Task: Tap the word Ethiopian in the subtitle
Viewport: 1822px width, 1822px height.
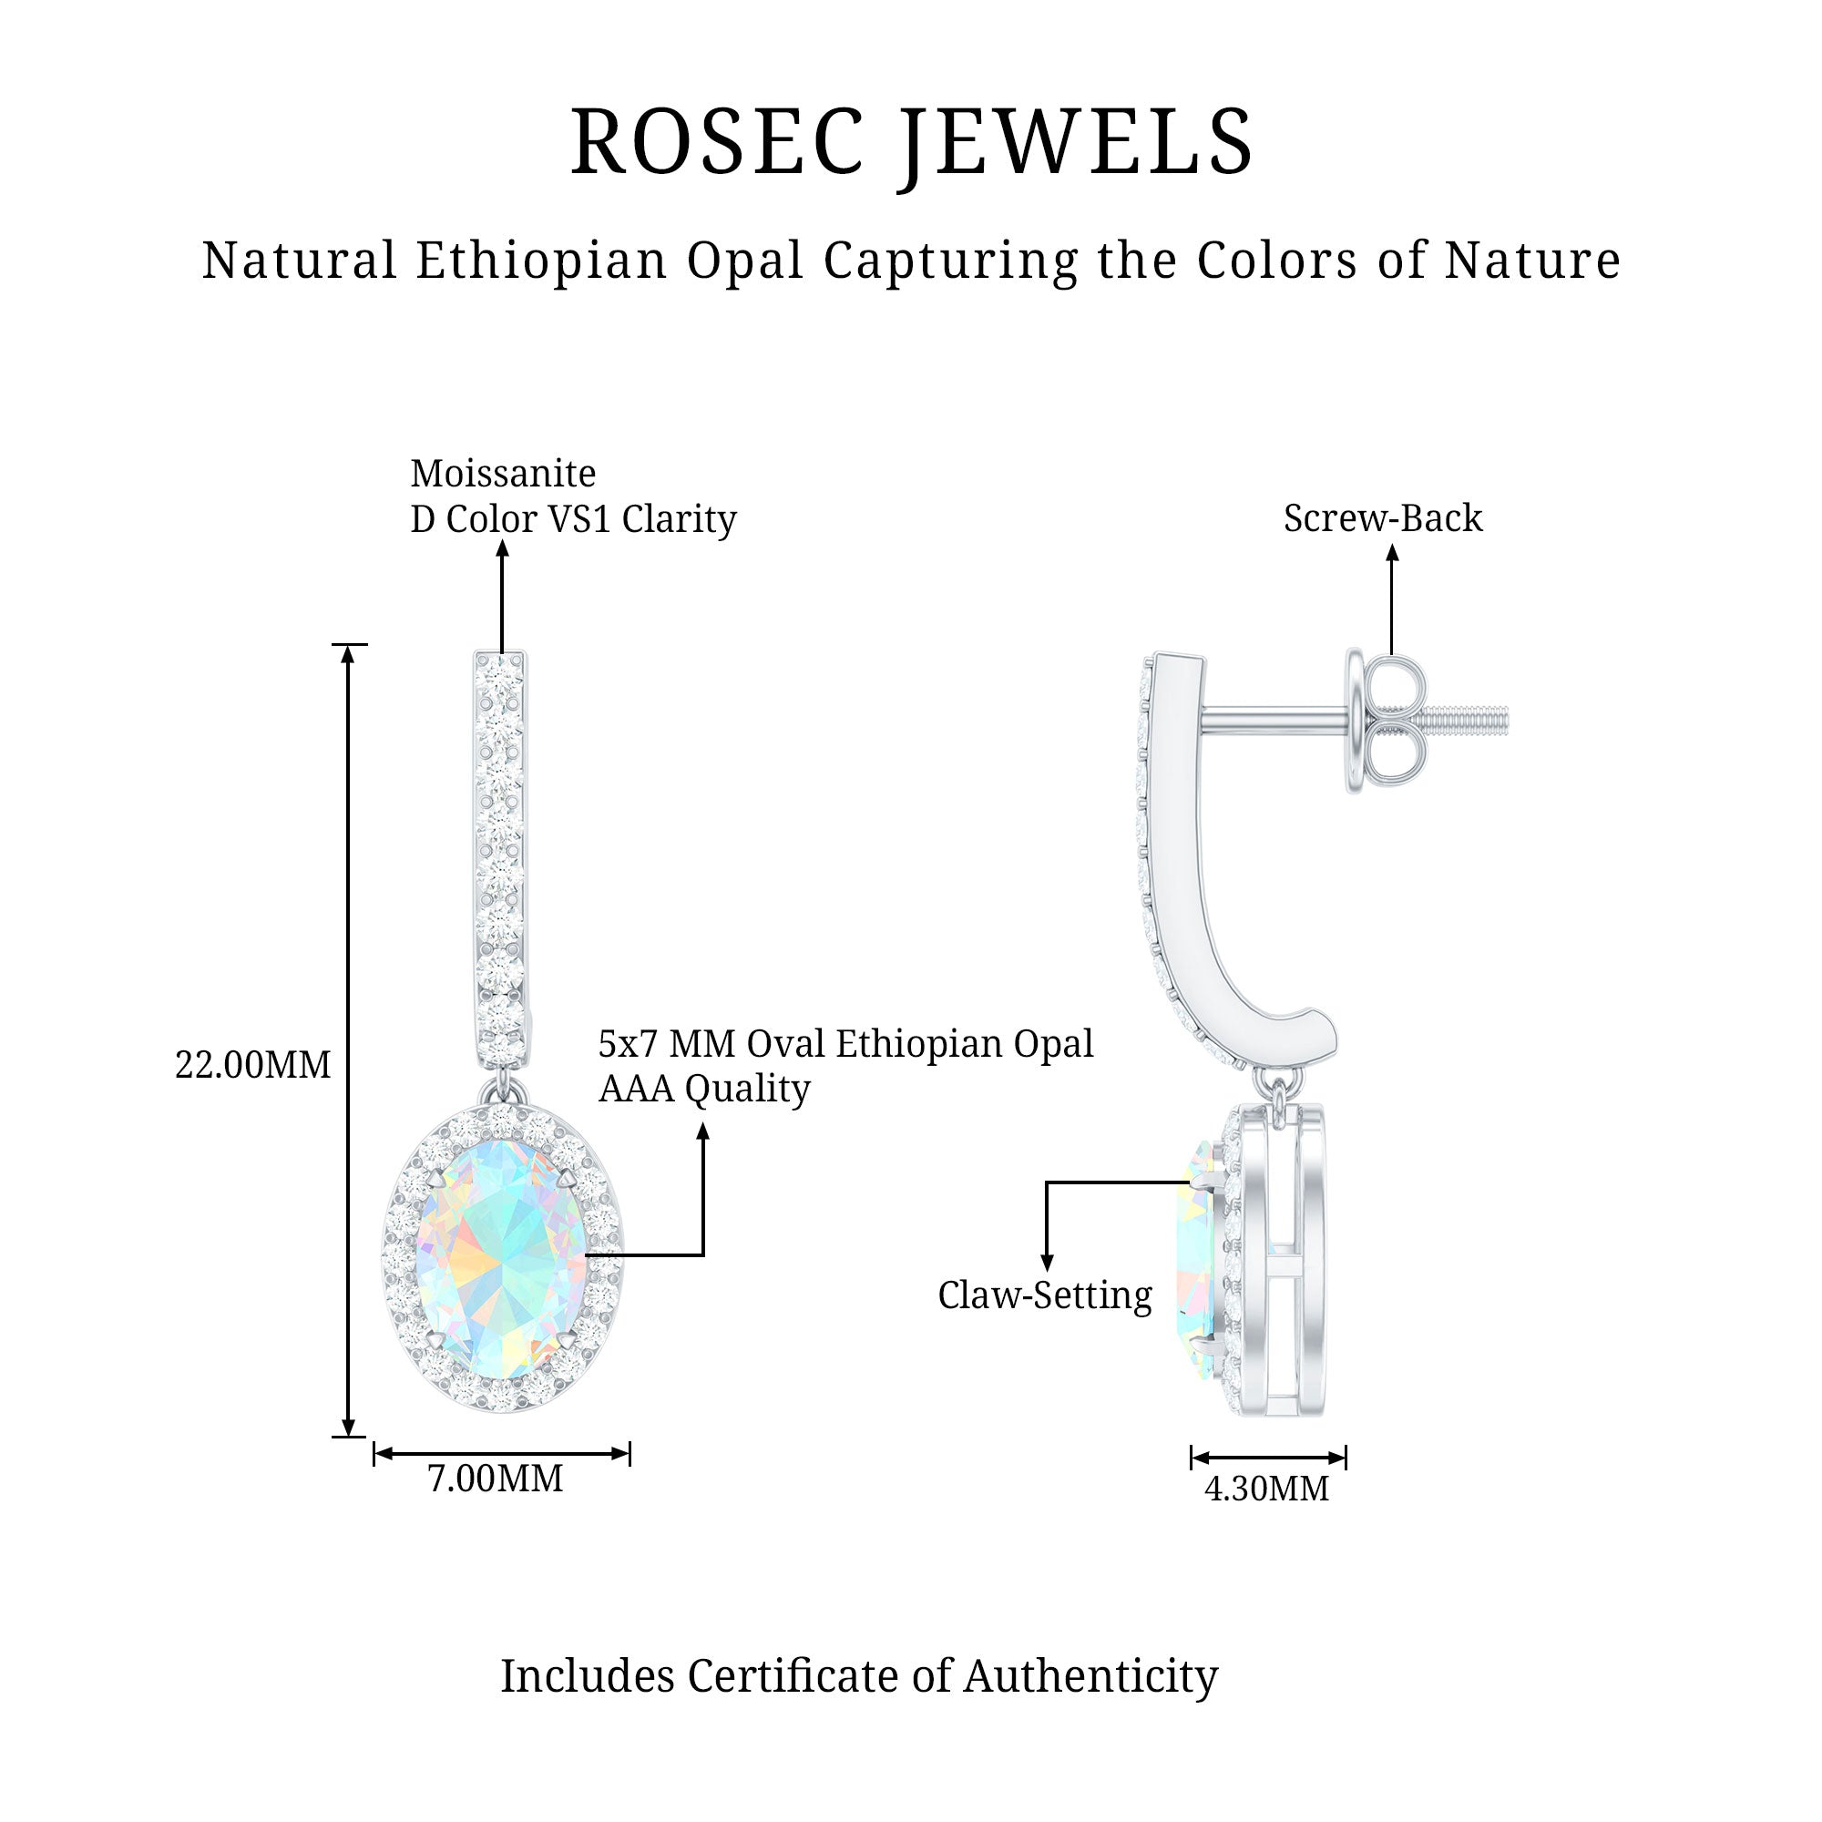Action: [x=541, y=261]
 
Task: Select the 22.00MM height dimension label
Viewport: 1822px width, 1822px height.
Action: [x=252, y=1066]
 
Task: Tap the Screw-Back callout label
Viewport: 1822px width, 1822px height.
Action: [x=1383, y=517]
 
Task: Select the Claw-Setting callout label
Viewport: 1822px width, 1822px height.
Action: [x=1045, y=1295]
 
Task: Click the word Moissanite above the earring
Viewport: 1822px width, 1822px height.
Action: [x=503, y=474]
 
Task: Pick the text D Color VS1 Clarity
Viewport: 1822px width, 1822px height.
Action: [x=572, y=518]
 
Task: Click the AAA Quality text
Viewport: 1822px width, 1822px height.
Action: [x=703, y=1090]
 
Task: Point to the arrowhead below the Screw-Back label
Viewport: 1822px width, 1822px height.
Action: [x=1392, y=554]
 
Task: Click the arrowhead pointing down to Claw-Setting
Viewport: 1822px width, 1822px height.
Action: [x=1046, y=1263]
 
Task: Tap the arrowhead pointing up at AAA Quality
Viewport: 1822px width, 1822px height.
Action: [x=702, y=1131]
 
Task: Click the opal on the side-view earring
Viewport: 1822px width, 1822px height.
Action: [x=1195, y=1260]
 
